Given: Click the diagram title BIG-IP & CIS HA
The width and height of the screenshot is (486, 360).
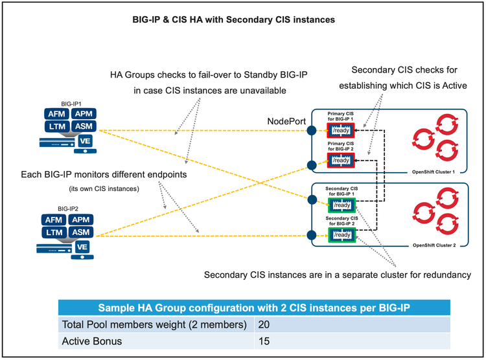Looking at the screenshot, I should click(233, 20).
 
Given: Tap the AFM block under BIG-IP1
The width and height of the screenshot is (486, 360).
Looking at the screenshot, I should click(54, 114).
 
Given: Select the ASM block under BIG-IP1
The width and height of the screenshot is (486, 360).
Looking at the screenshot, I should click(82, 126).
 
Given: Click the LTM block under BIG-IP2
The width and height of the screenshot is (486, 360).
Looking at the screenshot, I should click(54, 232).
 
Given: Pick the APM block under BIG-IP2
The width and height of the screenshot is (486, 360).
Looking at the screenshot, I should click(82, 219).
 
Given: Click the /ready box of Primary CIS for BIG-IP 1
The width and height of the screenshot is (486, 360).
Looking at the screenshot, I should click(341, 131).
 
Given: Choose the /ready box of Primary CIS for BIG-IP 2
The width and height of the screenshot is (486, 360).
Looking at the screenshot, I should click(341, 159).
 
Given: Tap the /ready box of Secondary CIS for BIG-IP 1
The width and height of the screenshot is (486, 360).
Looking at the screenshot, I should click(341, 205).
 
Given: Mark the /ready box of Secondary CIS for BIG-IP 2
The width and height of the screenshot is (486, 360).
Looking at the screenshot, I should click(341, 234).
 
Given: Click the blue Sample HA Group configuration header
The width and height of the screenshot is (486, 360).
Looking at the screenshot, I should click(253, 307).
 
